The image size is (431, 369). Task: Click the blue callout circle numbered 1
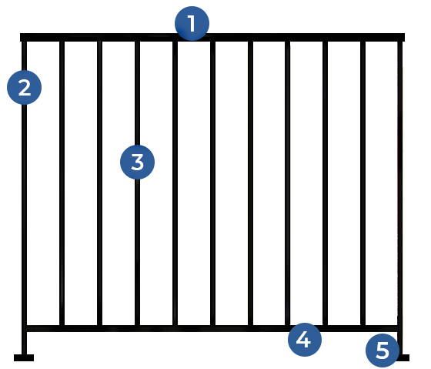tap(192, 23)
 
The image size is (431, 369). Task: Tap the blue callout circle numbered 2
tap(24, 88)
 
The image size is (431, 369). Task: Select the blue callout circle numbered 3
tap(137, 162)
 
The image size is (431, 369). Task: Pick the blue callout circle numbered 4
tap(305, 340)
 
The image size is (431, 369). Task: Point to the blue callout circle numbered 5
tap(383, 351)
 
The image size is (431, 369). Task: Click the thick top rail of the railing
tap(212, 38)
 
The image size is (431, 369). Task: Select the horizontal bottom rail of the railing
tap(212, 328)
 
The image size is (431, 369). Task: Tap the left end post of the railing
tap(24, 198)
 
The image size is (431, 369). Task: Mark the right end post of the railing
tap(400, 198)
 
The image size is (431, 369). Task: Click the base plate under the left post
tap(24, 357)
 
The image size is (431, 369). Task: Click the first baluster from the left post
tap(62, 183)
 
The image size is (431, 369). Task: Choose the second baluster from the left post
tap(99, 183)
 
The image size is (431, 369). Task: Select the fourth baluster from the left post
tap(175, 183)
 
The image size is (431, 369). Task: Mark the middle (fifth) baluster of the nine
tap(212, 183)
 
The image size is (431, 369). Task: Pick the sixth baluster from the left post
tap(250, 183)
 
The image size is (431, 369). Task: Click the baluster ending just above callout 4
tap(288, 183)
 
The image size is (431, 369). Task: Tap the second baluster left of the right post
tap(325, 183)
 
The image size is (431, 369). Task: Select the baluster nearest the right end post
tap(363, 183)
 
